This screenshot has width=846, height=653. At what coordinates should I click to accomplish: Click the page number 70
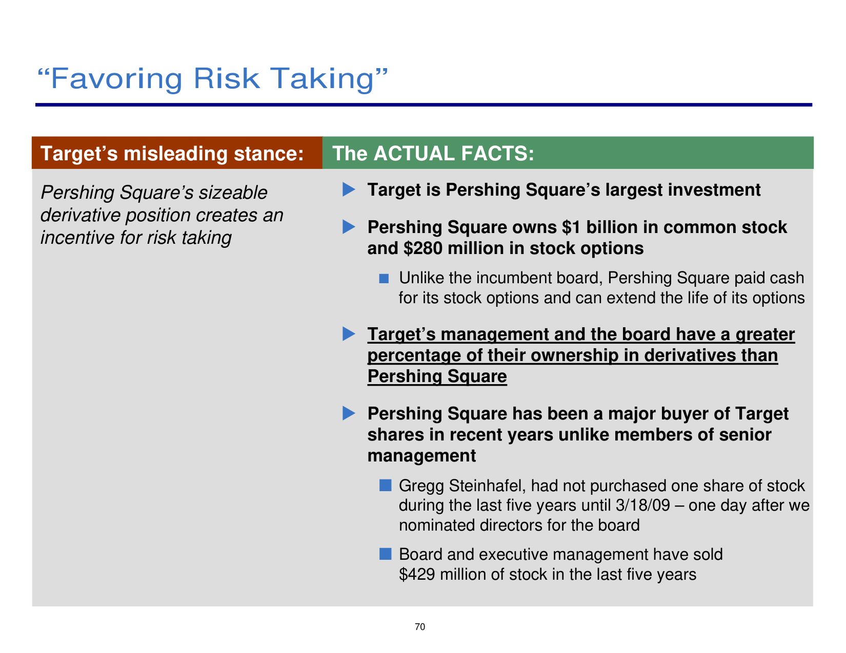420,626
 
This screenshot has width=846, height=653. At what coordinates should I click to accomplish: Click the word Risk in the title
226,78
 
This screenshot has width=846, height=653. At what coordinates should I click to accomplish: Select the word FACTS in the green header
494,153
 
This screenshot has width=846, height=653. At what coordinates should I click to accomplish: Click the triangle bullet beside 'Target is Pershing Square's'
349,189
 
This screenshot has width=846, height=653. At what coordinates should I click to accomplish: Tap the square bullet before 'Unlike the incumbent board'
384,278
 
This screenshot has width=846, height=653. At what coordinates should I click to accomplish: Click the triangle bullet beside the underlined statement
349,334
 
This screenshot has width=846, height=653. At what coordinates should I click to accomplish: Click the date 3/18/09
643,505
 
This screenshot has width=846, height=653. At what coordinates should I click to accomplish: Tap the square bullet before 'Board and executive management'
385,554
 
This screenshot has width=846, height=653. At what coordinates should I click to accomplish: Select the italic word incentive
77,238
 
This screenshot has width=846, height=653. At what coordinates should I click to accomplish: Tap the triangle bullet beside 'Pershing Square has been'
349,413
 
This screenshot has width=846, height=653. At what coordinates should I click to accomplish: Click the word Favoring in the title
116,79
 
